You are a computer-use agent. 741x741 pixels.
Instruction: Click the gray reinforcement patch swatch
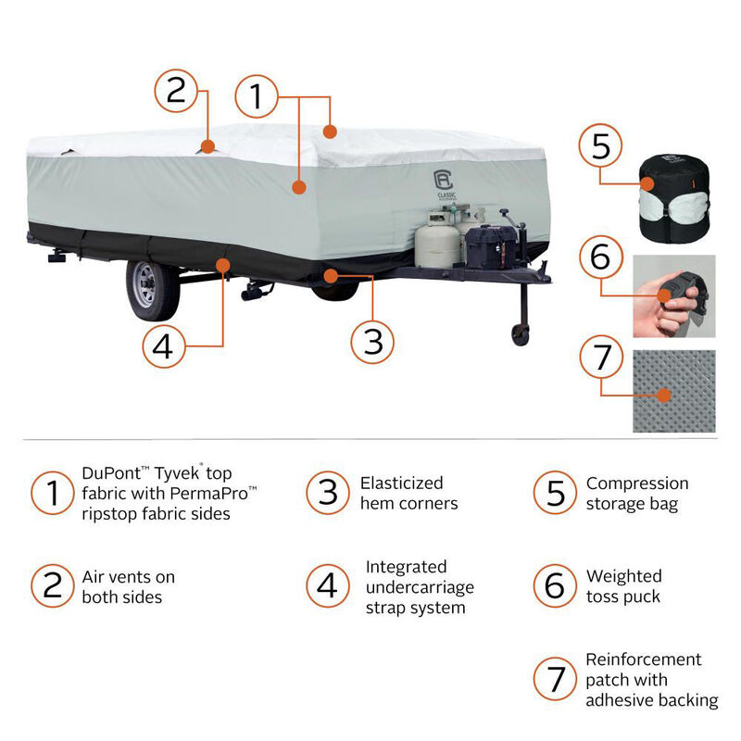[674, 391]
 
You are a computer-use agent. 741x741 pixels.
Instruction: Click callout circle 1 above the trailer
[257, 96]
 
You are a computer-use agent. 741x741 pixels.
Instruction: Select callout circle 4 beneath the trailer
[164, 346]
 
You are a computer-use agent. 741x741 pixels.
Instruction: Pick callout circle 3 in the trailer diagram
[372, 341]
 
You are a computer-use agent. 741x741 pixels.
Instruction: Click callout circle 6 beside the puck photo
[600, 257]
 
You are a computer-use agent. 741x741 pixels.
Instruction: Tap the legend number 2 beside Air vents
[53, 586]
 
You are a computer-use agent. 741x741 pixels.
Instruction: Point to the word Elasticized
[401, 483]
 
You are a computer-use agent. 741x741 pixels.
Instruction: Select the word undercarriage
[419, 587]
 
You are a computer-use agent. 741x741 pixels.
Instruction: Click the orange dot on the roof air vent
[209, 145]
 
